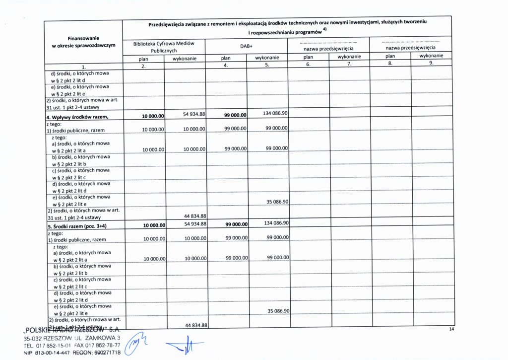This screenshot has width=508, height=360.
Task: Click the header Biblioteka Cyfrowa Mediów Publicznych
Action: coord(163,47)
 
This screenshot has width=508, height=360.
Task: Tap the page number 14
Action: coord(451,329)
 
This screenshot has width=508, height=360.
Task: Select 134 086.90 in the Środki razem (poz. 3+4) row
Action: coord(276,222)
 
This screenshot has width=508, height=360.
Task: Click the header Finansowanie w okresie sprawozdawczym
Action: coord(83,42)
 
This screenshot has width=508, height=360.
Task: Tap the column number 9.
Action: coord(431,63)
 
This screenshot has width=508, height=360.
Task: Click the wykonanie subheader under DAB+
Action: coord(267,58)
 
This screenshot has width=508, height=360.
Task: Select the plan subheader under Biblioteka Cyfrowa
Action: coord(143,58)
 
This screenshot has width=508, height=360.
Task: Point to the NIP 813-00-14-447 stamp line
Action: coord(72,353)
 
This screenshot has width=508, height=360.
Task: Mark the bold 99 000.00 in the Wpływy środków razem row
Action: coord(235,116)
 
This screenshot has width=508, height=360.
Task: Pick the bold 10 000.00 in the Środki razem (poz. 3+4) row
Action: coord(153,225)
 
